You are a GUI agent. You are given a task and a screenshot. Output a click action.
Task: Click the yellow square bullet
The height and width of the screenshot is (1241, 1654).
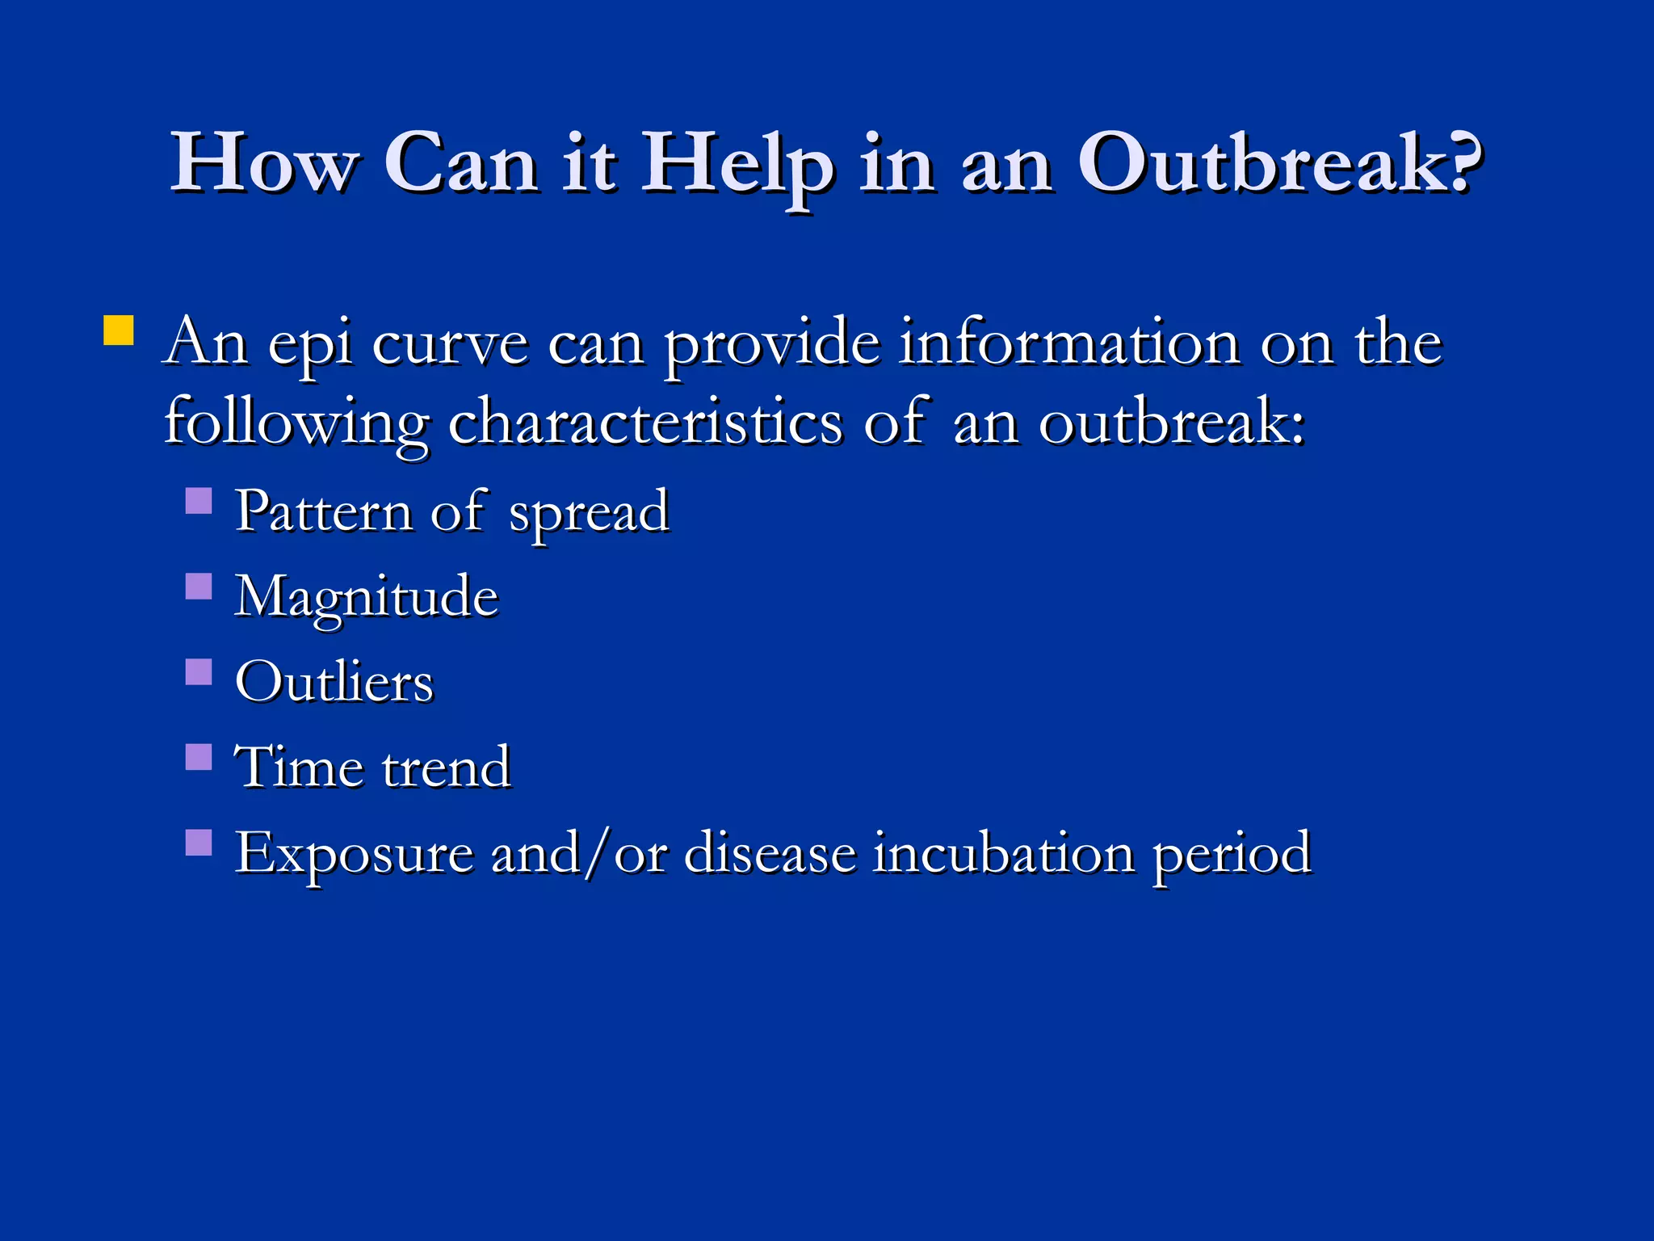(x=119, y=330)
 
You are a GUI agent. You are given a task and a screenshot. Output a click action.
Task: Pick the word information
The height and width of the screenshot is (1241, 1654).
(x=1069, y=343)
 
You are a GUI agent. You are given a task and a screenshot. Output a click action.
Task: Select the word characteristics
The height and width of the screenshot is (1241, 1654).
(x=645, y=423)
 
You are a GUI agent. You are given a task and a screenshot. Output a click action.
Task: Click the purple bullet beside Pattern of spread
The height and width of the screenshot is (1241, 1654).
(x=199, y=501)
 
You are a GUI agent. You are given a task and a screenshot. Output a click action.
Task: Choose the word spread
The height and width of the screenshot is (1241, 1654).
(x=589, y=514)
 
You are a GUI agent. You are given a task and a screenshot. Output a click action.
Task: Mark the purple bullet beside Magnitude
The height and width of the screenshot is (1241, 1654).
(x=199, y=586)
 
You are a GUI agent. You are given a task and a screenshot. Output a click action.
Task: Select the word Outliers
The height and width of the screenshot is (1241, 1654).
(x=334, y=682)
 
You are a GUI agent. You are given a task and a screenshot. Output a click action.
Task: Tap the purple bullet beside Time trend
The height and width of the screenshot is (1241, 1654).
(x=199, y=757)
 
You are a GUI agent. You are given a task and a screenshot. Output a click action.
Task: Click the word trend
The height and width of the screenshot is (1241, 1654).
(x=446, y=767)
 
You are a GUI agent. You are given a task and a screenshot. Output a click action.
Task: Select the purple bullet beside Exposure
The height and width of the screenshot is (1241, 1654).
(x=199, y=843)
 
